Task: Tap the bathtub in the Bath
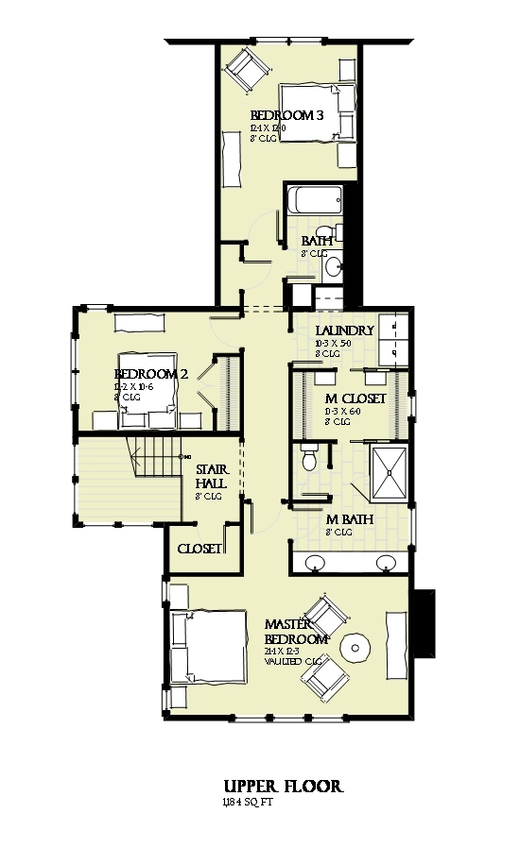click(313, 200)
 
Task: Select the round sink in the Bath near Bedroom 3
click(333, 267)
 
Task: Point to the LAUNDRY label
click(345, 330)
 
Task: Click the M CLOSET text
click(355, 399)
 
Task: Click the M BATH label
click(349, 520)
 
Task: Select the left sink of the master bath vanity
click(316, 564)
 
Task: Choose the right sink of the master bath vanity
click(386, 564)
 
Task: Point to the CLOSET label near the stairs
click(199, 549)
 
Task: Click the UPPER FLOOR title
click(283, 786)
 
